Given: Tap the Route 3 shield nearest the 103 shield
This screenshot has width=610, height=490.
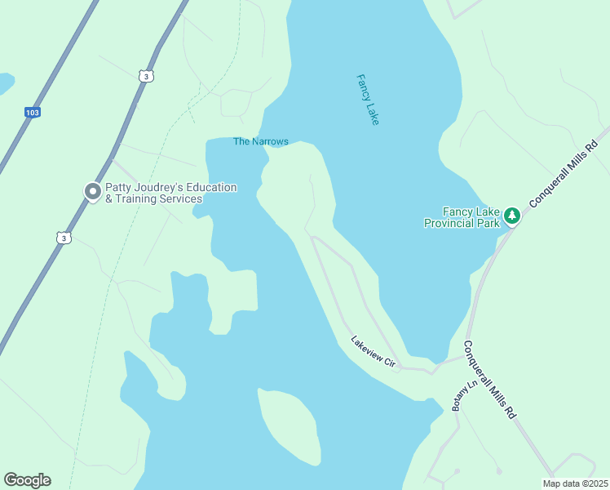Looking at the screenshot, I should point(144,76).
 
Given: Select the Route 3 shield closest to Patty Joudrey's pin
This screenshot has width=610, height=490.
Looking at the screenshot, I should point(64,238).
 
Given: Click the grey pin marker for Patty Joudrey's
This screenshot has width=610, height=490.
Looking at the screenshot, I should point(93,192).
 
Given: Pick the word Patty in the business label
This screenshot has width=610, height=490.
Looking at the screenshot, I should point(120,188).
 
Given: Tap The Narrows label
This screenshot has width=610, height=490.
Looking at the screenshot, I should point(261,142).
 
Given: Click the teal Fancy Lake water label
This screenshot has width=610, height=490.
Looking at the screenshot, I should point(368,100).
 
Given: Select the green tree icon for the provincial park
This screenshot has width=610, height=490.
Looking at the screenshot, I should point(511,216).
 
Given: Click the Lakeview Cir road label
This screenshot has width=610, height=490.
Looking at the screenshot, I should point(373,351).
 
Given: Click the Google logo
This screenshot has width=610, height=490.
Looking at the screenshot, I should point(27,480).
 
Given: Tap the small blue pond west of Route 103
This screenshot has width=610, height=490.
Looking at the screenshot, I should point(4,82).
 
